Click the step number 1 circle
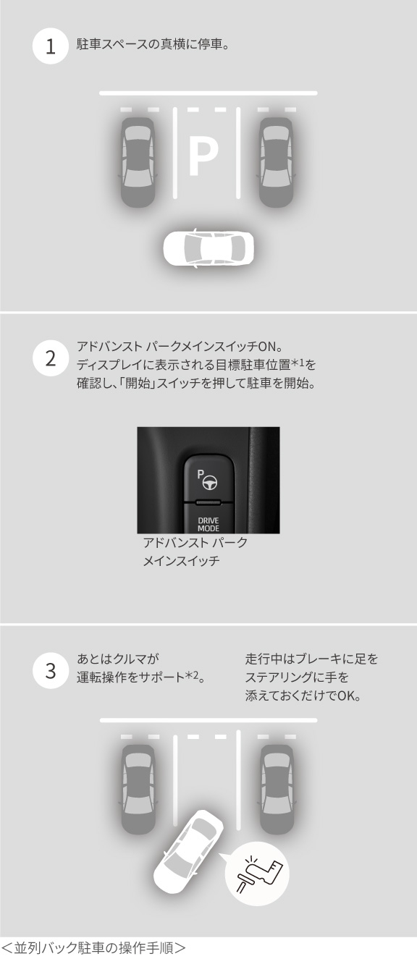(50, 47)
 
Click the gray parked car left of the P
(138, 161)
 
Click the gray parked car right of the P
(277, 161)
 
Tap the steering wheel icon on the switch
(208, 481)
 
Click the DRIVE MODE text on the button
(208, 524)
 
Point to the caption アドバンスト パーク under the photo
(195, 543)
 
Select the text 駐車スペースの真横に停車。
(152, 43)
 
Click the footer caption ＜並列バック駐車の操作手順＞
(93, 947)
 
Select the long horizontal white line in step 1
(208, 93)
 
